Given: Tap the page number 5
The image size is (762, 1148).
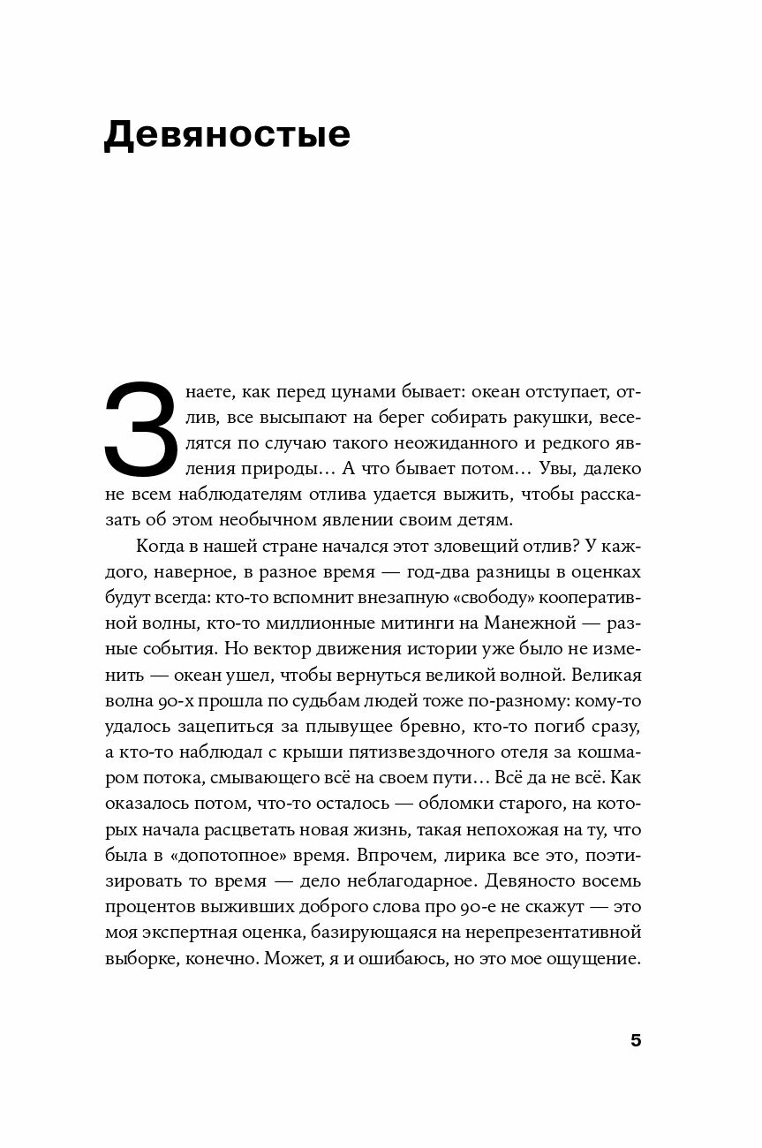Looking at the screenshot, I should tap(636, 1040).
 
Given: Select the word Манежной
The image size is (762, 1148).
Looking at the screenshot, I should tap(526, 622).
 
